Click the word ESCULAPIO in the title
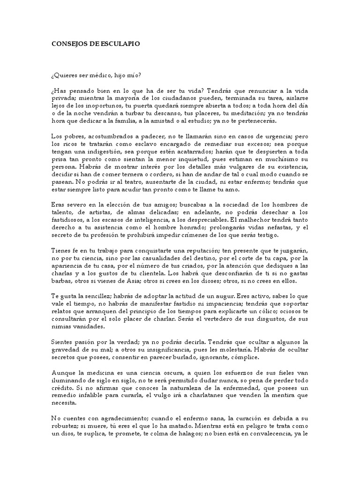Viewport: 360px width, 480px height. pos(120,43)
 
